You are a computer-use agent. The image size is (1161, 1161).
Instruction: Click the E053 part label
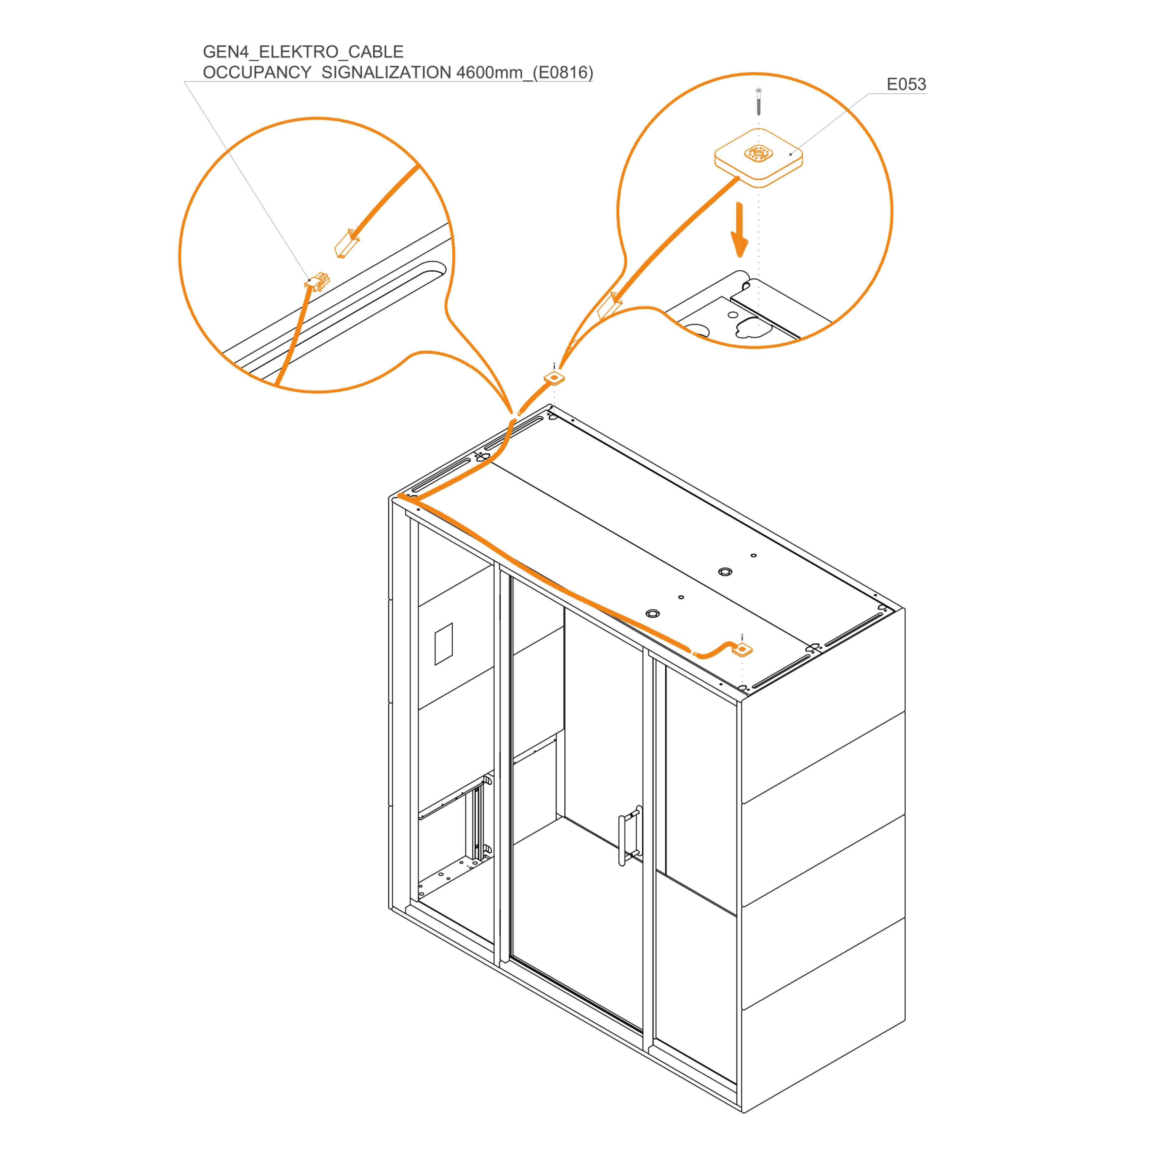pyautogui.click(x=906, y=84)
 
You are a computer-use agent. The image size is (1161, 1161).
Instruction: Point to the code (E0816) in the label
pyautogui.click(x=563, y=73)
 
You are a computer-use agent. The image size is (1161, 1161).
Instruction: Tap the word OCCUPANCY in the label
pyautogui.click(x=257, y=73)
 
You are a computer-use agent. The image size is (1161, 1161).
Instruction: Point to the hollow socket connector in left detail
pyautogui.click(x=347, y=243)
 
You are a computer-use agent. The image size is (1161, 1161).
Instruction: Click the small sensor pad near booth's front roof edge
pyautogui.click(x=743, y=650)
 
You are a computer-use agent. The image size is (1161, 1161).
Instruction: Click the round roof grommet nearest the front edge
pyautogui.click(x=653, y=614)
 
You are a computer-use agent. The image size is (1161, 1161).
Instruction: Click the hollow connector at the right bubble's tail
pyautogui.click(x=609, y=305)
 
